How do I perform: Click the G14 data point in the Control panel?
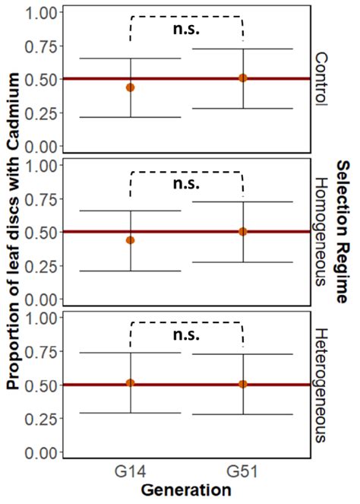[x=131, y=87]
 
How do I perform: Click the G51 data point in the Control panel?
[x=243, y=78]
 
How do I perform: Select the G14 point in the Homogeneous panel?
[x=131, y=240]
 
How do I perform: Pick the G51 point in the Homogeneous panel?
[x=243, y=231]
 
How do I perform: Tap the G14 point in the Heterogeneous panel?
[x=131, y=382]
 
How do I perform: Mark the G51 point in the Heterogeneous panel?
[x=243, y=384]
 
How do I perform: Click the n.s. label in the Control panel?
[x=187, y=31]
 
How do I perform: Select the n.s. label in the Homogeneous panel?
[x=187, y=184]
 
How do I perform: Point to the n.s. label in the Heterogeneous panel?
[x=187, y=334]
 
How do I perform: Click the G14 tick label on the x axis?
[x=131, y=472]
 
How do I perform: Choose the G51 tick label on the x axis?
[x=243, y=472]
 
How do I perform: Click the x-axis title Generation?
[x=186, y=490]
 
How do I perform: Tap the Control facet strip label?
[x=322, y=79]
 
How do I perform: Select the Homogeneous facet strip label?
[x=322, y=231]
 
